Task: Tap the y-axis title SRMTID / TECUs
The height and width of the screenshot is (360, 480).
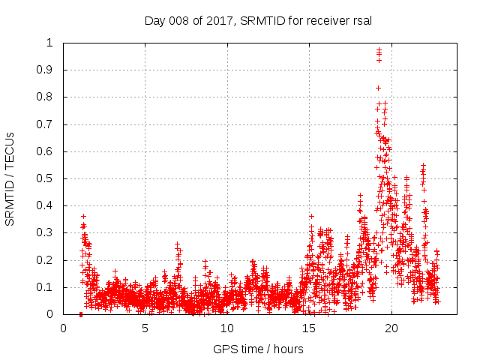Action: click(x=10, y=178)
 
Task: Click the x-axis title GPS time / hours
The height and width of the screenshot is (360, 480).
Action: click(x=258, y=349)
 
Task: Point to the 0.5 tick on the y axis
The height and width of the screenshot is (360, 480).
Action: click(x=49, y=178)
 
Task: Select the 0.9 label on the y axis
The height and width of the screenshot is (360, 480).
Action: click(x=49, y=70)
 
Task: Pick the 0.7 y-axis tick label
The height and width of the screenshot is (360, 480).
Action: click(x=49, y=124)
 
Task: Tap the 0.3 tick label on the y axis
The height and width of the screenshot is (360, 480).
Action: click(x=49, y=233)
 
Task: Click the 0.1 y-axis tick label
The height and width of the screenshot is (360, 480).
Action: click(x=49, y=287)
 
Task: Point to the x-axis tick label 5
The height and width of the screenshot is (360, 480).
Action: click(x=145, y=328)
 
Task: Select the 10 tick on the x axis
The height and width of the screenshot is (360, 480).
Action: click(x=227, y=328)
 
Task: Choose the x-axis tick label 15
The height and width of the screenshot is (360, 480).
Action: click(x=309, y=328)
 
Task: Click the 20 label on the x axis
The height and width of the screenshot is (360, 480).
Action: click(x=391, y=328)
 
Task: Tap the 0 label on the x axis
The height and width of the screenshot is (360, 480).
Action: click(x=63, y=328)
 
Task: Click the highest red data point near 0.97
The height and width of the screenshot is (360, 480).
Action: click(x=379, y=50)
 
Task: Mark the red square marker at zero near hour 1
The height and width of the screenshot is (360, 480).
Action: click(x=80, y=314)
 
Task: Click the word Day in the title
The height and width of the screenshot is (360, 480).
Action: click(x=154, y=19)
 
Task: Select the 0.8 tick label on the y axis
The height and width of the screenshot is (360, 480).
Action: click(x=49, y=97)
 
